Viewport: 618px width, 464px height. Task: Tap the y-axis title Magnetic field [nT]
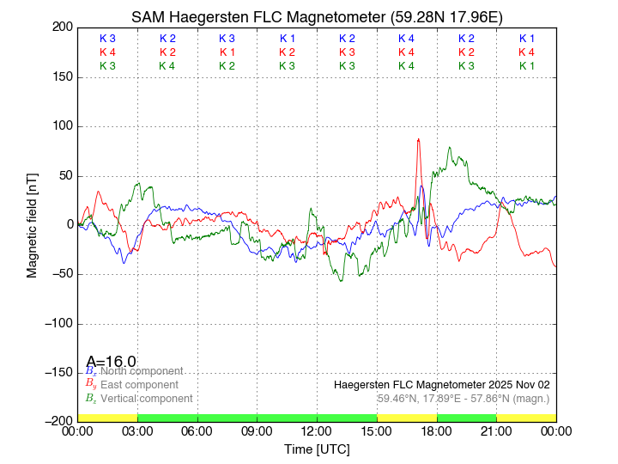pyautogui.click(x=32, y=223)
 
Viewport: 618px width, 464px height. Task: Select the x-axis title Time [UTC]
pyautogui.click(x=317, y=449)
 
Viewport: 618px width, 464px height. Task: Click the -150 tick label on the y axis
pyautogui.click(x=57, y=372)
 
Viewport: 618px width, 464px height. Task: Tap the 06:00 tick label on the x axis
pyautogui.click(x=197, y=431)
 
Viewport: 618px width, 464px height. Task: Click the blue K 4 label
pyautogui.click(x=407, y=39)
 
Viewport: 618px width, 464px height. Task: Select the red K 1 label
pyautogui.click(x=227, y=52)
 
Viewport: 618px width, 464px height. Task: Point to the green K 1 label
pyautogui.click(x=526, y=66)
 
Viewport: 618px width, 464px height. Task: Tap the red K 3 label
pyautogui.click(x=347, y=52)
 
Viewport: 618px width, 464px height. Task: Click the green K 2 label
pyautogui.click(x=227, y=66)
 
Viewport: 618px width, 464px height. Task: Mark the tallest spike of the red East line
pyautogui.click(x=418, y=139)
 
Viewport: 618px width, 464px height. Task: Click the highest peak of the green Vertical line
pyautogui.click(x=450, y=148)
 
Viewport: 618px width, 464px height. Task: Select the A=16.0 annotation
pyautogui.click(x=111, y=362)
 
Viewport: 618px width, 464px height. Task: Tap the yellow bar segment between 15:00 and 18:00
pyautogui.click(x=407, y=418)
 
